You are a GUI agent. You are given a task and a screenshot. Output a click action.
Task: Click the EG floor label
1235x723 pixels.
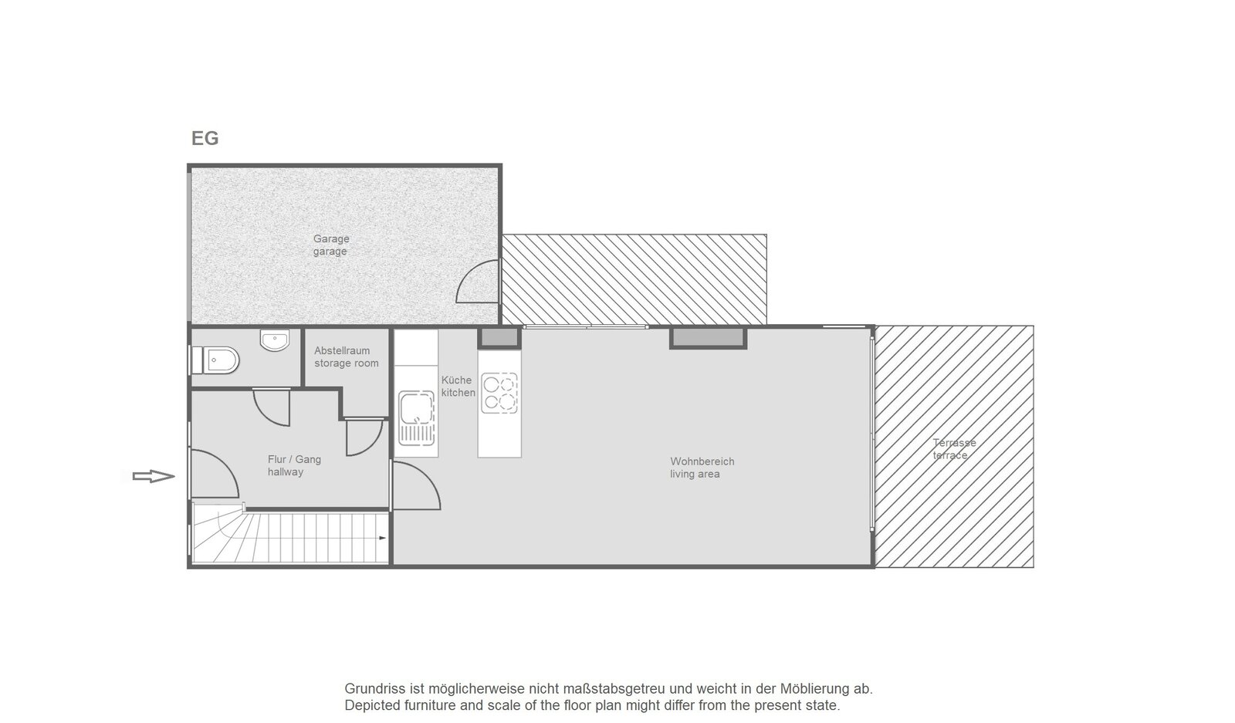[205, 138]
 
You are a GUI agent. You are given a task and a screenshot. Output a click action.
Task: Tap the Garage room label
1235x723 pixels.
[331, 245]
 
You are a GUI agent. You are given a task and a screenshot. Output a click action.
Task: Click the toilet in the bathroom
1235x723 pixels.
[215, 360]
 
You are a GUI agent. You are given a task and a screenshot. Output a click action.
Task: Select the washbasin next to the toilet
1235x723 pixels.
[275, 340]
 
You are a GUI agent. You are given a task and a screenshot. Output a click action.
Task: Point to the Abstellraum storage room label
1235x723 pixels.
[347, 356]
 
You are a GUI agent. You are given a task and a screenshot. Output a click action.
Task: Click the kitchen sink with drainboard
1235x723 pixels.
[416, 417]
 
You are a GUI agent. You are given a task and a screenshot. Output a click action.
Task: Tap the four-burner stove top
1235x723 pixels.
[499, 393]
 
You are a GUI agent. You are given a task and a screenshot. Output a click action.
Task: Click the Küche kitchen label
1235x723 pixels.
[458, 387]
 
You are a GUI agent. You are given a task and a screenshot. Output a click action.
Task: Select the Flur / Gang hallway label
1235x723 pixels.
[294, 465]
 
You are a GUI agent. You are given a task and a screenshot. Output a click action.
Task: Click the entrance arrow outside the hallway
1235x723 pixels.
[154, 476]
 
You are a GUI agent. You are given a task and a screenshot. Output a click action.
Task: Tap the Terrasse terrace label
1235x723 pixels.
[954, 448]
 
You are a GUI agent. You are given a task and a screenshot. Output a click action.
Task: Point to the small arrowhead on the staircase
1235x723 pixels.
[383, 538]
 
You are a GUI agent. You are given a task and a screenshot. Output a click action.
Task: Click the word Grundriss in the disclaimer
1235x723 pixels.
[371, 689]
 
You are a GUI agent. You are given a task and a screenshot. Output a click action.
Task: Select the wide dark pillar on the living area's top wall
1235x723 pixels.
[709, 338]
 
